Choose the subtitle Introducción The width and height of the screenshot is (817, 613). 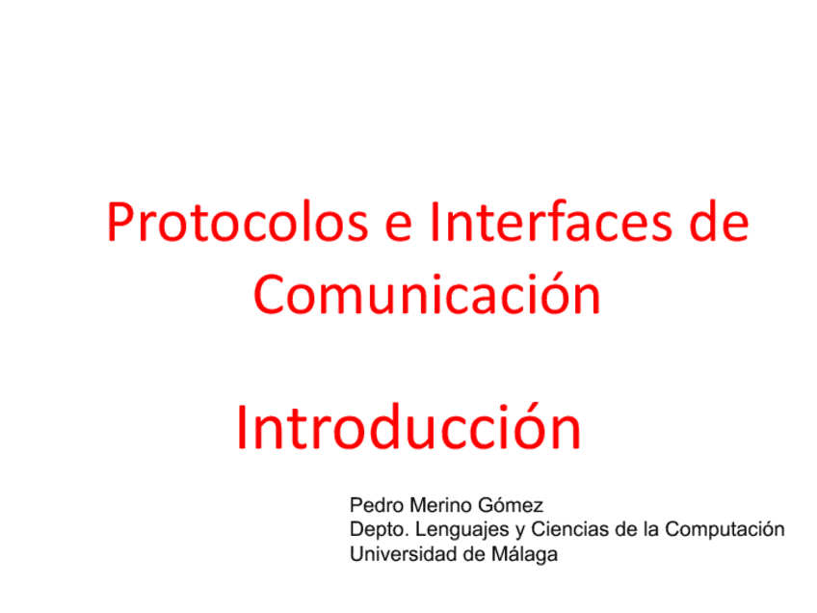(408, 428)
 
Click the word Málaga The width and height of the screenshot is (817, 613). (523, 555)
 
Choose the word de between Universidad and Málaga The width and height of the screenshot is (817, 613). (465, 554)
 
